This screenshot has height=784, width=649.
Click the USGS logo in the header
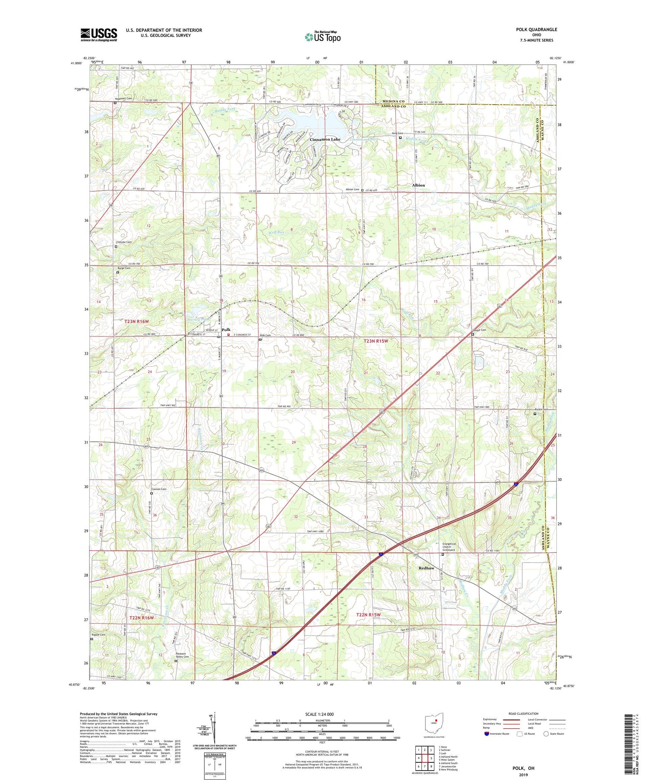click(x=99, y=35)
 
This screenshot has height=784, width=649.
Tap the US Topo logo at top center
click(x=322, y=37)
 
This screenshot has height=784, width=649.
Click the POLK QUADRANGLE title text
click(x=536, y=29)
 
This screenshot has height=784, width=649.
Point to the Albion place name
click(x=418, y=185)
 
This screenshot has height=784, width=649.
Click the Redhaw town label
click(x=426, y=568)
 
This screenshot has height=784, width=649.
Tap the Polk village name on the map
click(x=226, y=330)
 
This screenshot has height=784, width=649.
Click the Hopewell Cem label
click(x=123, y=98)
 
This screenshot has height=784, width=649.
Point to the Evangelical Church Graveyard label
click(x=452, y=547)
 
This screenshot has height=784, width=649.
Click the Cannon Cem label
click(x=159, y=489)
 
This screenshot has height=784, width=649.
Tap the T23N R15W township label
click(x=376, y=341)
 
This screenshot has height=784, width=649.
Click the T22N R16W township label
click(x=141, y=618)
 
